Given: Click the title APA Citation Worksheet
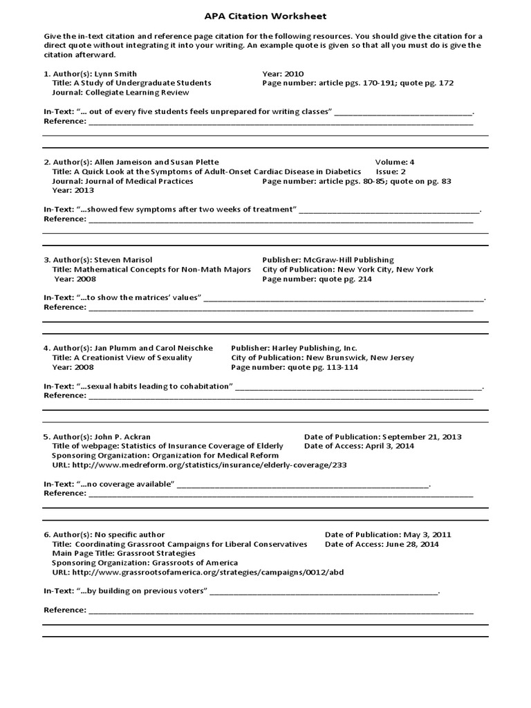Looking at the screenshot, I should click(x=265, y=16).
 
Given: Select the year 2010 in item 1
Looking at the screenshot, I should click(x=293, y=73).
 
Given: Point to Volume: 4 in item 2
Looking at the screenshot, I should click(x=395, y=162).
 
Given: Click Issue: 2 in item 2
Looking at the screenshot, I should click(x=391, y=171).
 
